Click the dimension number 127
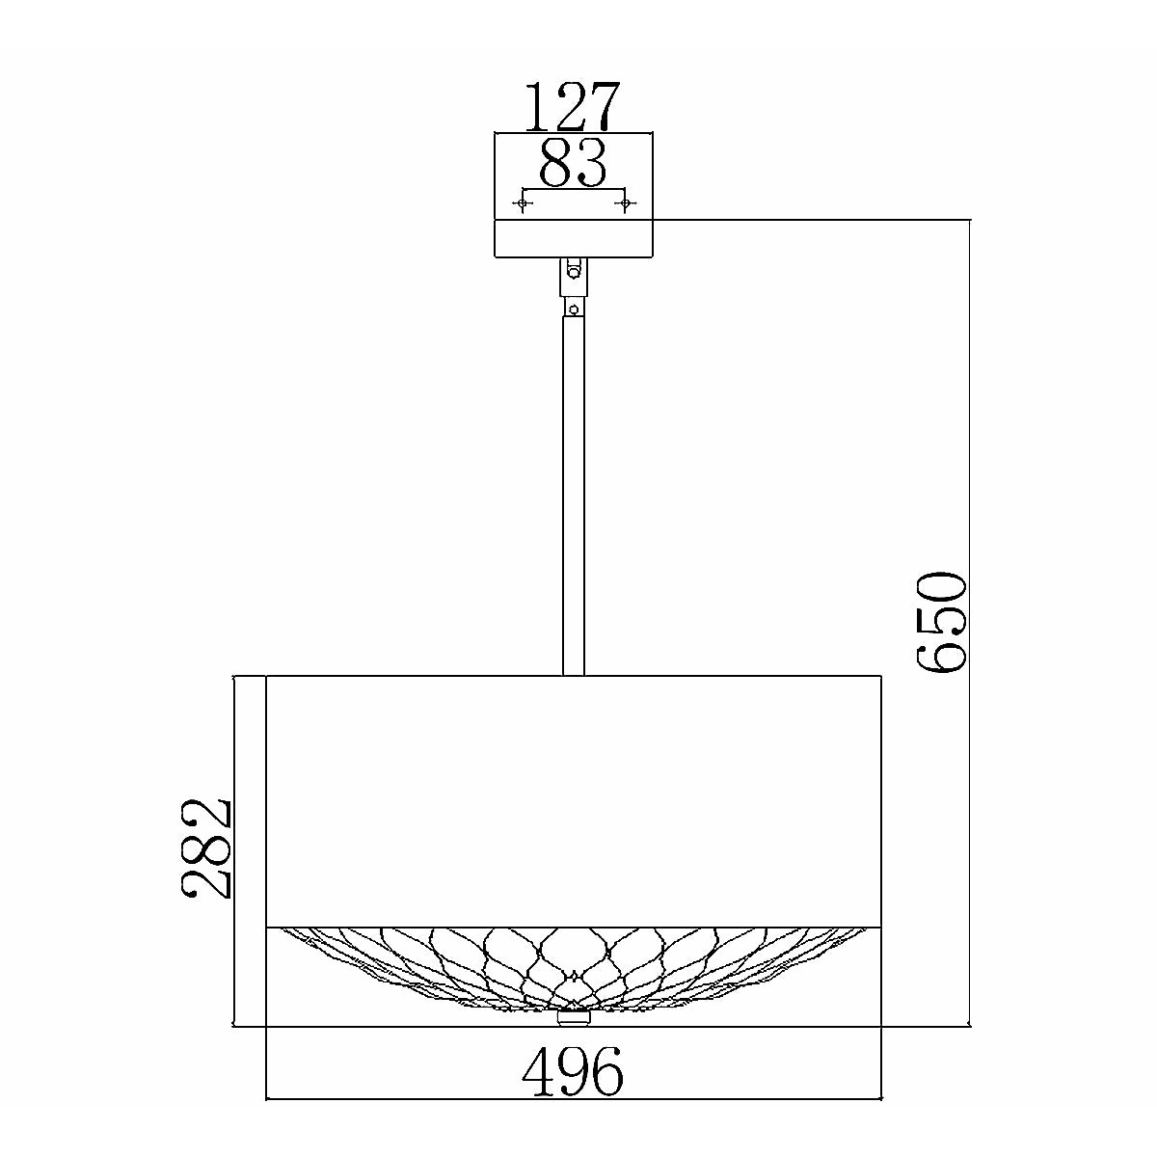coord(572,107)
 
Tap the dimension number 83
coord(573,162)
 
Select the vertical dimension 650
coord(941,622)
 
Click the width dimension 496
coord(573,1072)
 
